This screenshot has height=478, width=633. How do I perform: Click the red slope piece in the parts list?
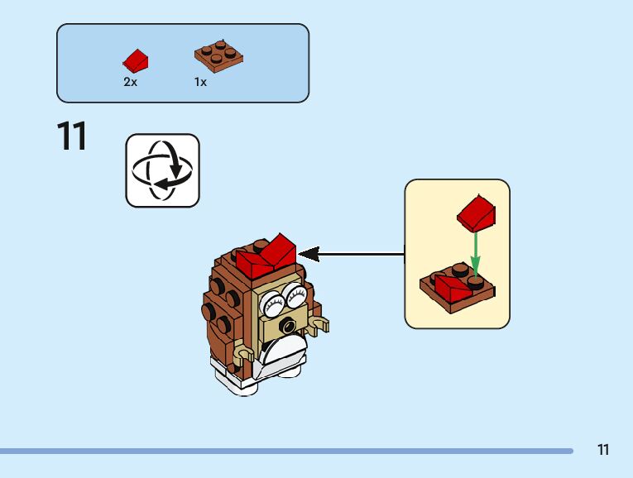(x=136, y=60)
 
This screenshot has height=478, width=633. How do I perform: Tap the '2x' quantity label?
(x=130, y=82)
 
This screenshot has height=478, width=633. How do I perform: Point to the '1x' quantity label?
(x=200, y=82)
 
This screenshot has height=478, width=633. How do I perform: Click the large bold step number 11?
(x=72, y=136)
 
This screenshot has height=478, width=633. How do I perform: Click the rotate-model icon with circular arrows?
(x=162, y=170)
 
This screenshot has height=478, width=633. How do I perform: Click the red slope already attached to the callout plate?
(x=451, y=288)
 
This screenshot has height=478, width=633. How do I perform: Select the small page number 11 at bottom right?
(x=602, y=450)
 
